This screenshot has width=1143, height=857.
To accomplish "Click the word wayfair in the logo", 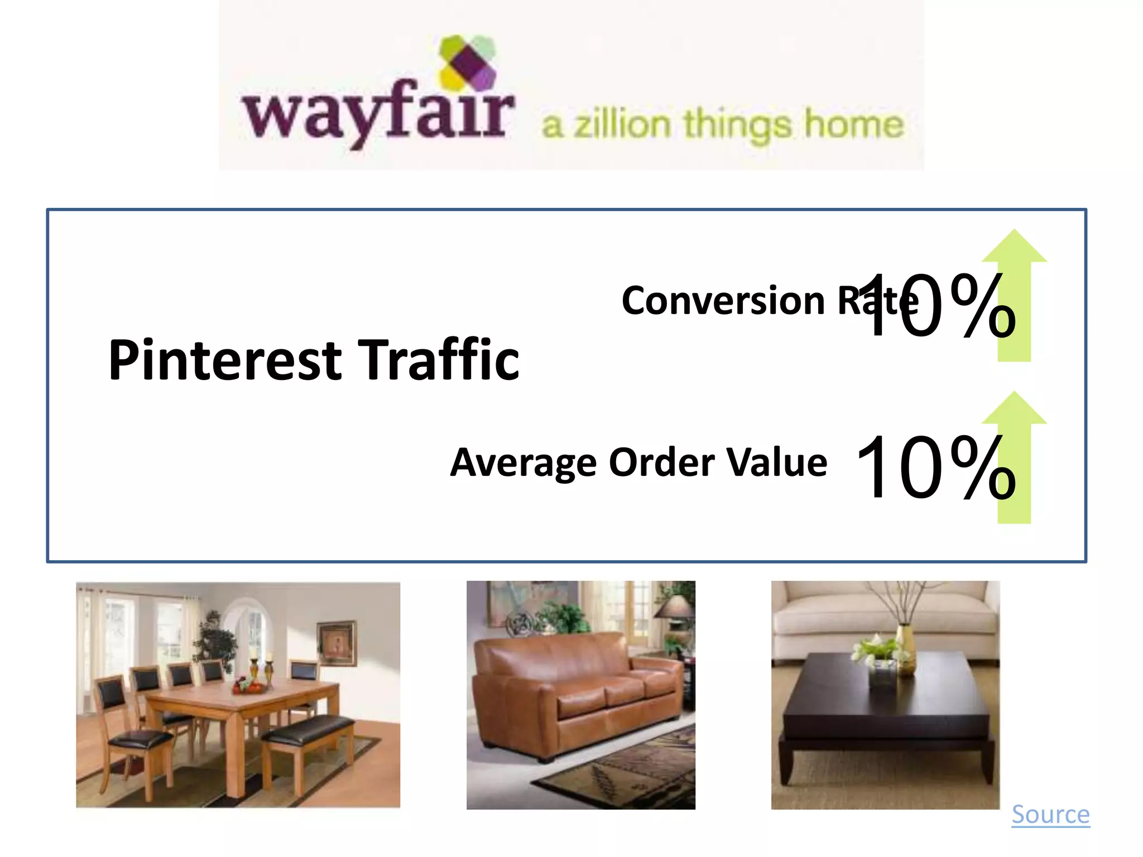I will [x=377, y=114].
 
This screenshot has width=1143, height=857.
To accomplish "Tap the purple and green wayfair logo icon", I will [x=468, y=62].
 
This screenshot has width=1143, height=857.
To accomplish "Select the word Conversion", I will [x=723, y=301].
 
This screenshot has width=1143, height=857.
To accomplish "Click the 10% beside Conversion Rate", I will [x=935, y=306].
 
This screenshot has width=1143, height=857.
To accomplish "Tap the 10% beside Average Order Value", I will [x=935, y=468].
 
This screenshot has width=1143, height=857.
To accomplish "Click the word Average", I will [x=523, y=463].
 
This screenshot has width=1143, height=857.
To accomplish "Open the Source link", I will [x=1050, y=815].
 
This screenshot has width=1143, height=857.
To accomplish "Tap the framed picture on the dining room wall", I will [x=337, y=644].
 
